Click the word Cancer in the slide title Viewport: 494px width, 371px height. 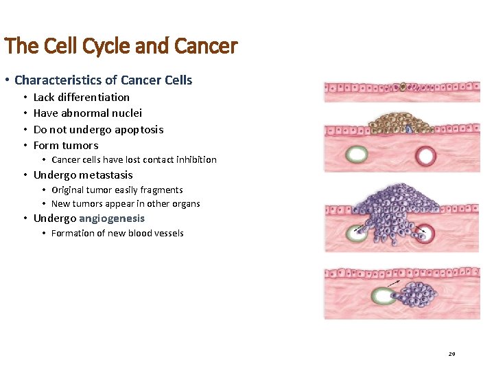coord(206,46)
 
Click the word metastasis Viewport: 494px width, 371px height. coord(106,175)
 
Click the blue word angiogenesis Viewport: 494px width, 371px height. coord(112,218)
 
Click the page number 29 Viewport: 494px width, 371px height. coord(451,354)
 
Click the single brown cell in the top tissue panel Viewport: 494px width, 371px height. coord(403,87)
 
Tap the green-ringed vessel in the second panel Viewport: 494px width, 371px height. coord(357,155)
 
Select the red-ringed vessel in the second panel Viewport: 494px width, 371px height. coord(425,156)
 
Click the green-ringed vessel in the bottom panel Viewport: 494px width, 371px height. coord(383,297)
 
